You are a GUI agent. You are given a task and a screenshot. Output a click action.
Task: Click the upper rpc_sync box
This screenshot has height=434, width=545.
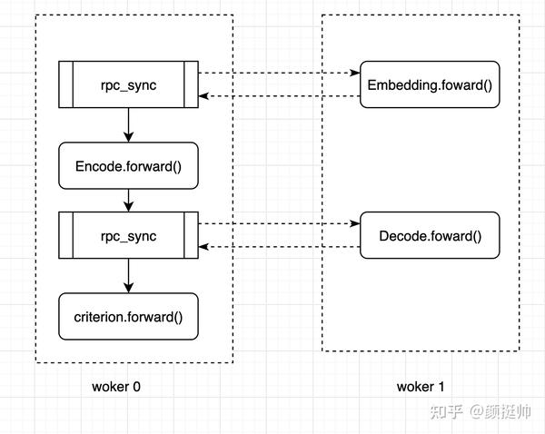click(128, 84)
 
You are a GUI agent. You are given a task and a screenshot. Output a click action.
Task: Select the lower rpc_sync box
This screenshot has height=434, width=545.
click(128, 236)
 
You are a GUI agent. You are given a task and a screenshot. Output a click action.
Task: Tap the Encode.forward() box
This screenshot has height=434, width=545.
click(128, 166)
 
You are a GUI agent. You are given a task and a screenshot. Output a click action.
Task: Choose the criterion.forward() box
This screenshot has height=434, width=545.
click(128, 317)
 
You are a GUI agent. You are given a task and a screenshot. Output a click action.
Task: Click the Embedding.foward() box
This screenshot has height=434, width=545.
click(430, 84)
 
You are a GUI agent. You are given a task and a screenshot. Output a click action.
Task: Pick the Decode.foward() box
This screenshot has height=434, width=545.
click(430, 236)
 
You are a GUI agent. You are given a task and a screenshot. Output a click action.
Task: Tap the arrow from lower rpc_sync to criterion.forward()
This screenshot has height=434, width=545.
click(128, 276)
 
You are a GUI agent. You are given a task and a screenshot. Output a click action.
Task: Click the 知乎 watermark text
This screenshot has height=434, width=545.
click(447, 410)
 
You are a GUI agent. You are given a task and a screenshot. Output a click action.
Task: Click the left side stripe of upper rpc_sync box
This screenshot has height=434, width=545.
click(65, 84)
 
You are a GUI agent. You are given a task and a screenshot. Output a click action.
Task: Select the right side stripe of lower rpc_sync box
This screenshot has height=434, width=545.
click(191, 236)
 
